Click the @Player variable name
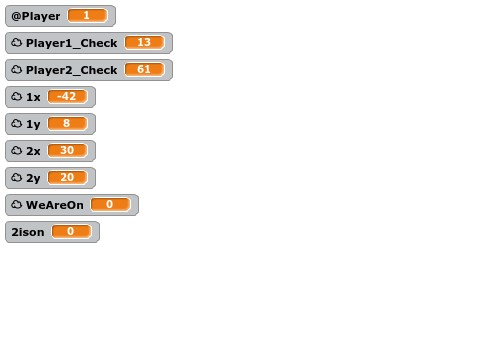(x=36, y=16)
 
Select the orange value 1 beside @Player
(x=87, y=16)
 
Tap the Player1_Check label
(x=71, y=43)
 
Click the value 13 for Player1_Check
(x=144, y=43)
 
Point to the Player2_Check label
(x=71, y=70)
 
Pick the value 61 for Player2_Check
(x=144, y=70)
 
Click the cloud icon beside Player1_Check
(x=16, y=43)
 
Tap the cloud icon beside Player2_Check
(x=16, y=70)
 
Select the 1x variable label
(x=33, y=97)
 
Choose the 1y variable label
(x=33, y=124)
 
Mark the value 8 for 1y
(x=67, y=124)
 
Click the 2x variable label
(x=33, y=151)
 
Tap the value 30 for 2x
(x=67, y=151)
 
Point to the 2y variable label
(x=33, y=178)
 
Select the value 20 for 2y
(x=67, y=178)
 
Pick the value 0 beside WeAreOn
(x=110, y=205)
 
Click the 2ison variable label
(x=28, y=232)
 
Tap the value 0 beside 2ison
(x=71, y=232)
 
